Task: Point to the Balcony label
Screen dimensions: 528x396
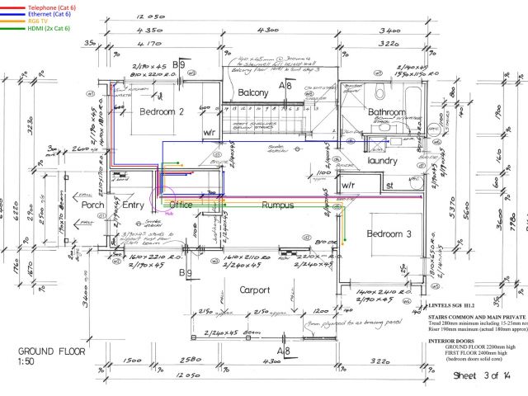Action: coord(252,93)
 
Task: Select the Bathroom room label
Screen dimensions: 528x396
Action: coord(387,112)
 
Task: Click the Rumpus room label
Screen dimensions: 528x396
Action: coord(277,205)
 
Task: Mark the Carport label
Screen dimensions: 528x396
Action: coord(255,290)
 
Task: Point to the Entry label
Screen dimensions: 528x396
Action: coord(133,205)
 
